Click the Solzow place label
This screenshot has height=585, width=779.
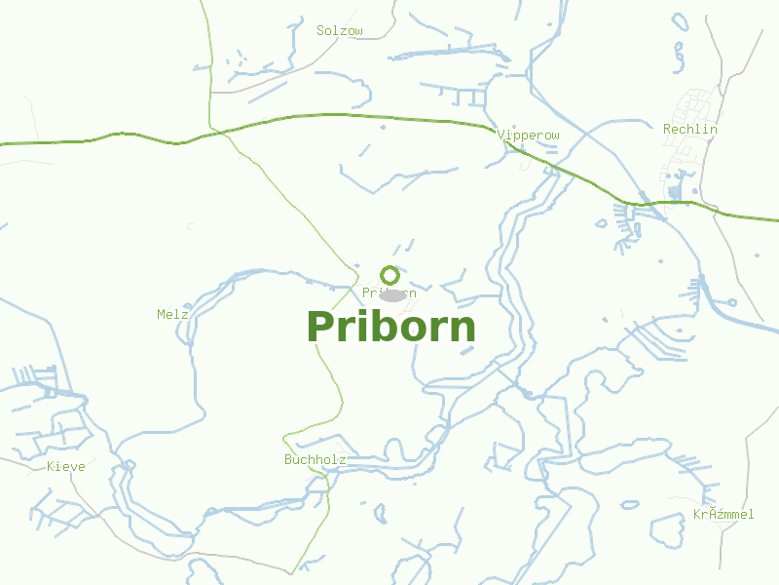(x=340, y=31)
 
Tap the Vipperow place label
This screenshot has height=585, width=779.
(x=529, y=135)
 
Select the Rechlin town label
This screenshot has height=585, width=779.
(x=690, y=129)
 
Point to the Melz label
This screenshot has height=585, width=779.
(x=172, y=314)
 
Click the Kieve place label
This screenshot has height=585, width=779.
(x=66, y=467)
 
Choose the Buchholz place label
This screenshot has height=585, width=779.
(x=315, y=459)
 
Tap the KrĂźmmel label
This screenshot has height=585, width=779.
(x=723, y=514)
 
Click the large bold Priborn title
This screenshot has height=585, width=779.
(x=391, y=328)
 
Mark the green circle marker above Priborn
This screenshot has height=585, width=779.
(x=389, y=276)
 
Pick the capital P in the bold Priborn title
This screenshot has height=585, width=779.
(x=320, y=328)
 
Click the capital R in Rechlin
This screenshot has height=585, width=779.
(x=667, y=129)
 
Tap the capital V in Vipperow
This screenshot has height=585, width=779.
(x=501, y=135)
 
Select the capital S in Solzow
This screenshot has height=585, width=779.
(x=320, y=31)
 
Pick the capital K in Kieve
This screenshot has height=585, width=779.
(x=51, y=467)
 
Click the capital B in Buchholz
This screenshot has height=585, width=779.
(x=288, y=459)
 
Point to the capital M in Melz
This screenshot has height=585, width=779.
(x=161, y=314)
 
